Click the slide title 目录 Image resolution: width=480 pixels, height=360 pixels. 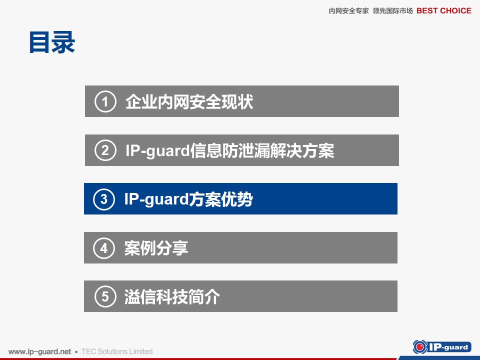pos(52,42)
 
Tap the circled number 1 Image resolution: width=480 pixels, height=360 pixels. pos(105,101)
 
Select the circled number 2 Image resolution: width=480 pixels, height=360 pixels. pos(105,150)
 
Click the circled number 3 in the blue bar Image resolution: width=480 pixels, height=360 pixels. pos(104,199)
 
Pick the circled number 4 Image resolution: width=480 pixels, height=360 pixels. pos(104,248)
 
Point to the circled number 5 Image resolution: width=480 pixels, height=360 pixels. pos(105,296)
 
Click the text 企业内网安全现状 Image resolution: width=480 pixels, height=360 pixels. pos(189,101)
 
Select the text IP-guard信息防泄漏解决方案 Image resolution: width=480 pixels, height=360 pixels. pos(229,150)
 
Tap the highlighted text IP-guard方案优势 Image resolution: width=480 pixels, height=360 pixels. pos(188,199)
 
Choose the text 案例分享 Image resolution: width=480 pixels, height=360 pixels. pos(156,248)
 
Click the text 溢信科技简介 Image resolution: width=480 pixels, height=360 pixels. pos(172,296)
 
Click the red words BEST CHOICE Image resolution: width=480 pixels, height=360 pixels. pos(444,10)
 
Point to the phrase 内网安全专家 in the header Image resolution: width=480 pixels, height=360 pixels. pos(348,11)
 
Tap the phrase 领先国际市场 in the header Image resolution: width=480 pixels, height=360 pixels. pos(393,11)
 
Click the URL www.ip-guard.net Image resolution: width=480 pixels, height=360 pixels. pos(40,351)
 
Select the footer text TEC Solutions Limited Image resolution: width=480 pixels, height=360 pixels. pos(117,351)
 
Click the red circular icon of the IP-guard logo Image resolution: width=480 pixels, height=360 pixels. pos(420,347)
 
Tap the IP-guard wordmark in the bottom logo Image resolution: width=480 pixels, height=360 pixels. pos(448,347)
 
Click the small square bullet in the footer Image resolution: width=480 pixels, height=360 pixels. pos(76,352)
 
